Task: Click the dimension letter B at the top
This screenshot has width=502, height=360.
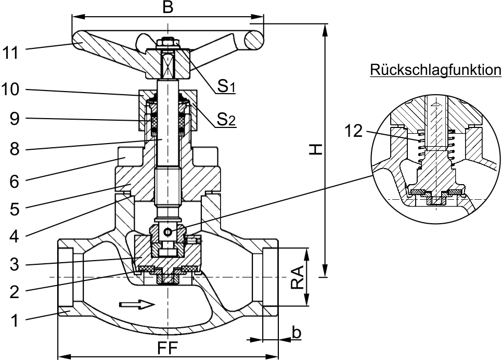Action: point(168,7)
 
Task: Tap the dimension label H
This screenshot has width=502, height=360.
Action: point(316,150)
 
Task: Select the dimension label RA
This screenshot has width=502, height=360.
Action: point(298,277)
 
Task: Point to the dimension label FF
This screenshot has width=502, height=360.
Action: point(168,349)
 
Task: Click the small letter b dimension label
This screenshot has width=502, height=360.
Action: point(297,332)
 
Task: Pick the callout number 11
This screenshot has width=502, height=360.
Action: point(10,53)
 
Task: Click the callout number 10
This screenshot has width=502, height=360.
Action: point(10,89)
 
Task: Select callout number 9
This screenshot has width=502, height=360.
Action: point(14,119)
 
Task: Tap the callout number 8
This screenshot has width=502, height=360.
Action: point(15,149)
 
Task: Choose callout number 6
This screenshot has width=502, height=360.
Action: point(15,182)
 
